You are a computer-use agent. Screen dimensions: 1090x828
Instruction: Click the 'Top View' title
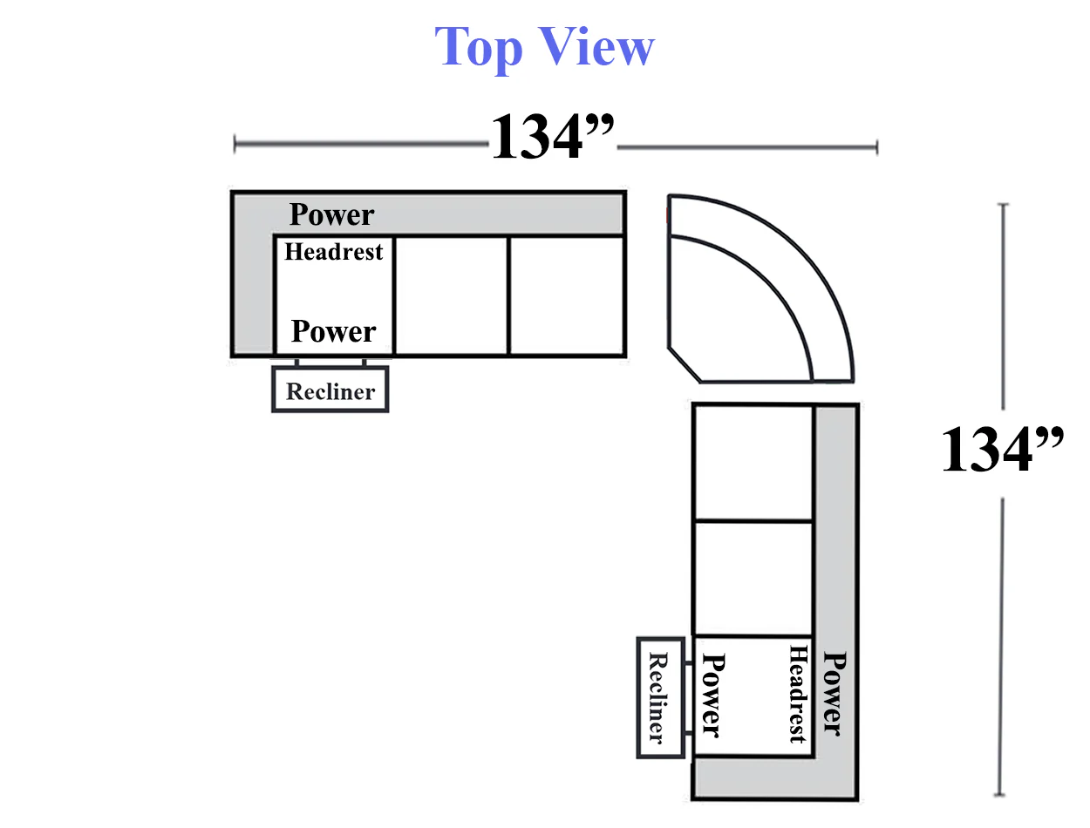click(544, 48)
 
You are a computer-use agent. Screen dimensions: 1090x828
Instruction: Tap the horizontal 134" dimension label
click(552, 135)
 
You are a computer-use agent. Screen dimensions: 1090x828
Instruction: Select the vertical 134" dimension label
click(1002, 449)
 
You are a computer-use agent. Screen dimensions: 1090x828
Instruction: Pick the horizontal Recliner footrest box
click(330, 390)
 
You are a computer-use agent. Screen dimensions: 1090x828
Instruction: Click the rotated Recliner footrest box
click(660, 697)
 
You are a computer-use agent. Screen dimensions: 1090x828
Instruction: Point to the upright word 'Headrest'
click(333, 252)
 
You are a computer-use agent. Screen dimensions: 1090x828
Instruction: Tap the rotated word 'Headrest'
click(798, 694)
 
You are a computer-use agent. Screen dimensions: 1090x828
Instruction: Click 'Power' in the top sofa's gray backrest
click(331, 214)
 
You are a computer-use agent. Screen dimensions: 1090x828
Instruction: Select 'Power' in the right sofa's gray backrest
click(835, 693)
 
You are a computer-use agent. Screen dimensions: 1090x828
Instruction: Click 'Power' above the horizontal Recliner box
click(333, 331)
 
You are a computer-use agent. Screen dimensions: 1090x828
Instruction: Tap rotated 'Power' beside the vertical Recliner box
click(713, 695)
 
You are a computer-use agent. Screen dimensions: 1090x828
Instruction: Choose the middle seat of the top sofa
click(452, 296)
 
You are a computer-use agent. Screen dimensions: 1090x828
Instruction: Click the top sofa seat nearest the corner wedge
click(567, 296)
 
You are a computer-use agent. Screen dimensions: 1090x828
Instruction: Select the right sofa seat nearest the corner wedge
click(753, 462)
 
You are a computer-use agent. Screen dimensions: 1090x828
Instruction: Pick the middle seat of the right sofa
click(753, 578)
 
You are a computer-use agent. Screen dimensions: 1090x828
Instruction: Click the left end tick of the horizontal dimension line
click(235, 145)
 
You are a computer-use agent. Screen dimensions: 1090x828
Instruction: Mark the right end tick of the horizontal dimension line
click(877, 147)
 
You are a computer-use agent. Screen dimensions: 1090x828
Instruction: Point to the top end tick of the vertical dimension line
click(1003, 204)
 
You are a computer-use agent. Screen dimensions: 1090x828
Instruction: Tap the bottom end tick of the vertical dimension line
click(999, 795)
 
